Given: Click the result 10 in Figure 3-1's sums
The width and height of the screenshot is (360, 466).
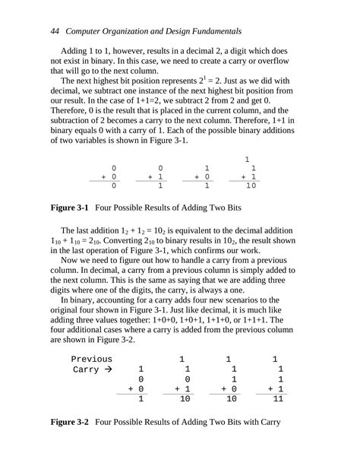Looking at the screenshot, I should click(x=251, y=185).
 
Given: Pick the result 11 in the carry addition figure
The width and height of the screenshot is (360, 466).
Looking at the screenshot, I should click(x=277, y=398).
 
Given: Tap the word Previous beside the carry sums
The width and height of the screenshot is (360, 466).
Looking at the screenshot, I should click(x=91, y=359).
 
